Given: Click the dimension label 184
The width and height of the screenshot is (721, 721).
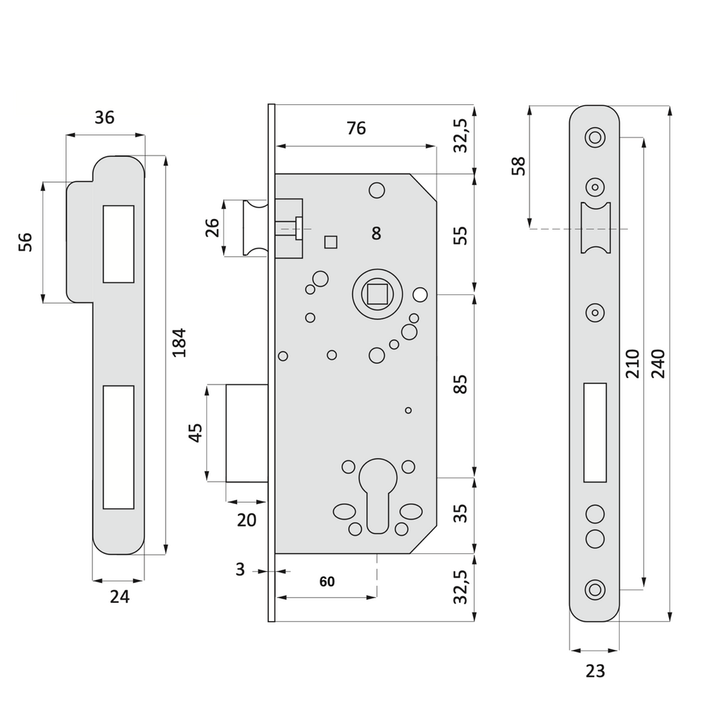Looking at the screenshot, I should (x=180, y=342).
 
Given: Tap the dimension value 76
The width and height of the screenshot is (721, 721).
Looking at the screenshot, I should (x=356, y=128).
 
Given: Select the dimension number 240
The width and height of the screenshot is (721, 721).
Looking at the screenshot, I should (x=658, y=363).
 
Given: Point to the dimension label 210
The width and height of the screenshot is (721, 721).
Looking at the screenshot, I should (x=632, y=363).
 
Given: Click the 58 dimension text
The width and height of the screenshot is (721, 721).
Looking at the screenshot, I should (x=519, y=166).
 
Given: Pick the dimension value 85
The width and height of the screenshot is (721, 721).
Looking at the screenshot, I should (x=460, y=384).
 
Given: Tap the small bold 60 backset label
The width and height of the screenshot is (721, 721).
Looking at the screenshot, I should (x=327, y=582).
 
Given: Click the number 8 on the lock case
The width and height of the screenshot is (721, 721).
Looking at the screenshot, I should (x=377, y=234).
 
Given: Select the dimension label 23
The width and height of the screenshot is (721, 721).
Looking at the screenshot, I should (x=595, y=671).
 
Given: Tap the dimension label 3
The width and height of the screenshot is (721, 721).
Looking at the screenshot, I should (x=240, y=570).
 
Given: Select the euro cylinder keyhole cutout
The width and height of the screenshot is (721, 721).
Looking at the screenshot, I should (x=377, y=496).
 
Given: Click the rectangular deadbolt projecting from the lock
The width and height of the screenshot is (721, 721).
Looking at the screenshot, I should (x=246, y=432).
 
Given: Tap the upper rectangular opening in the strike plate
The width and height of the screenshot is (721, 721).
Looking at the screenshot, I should (x=118, y=244).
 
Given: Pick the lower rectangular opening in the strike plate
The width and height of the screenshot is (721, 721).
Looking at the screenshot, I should (x=118, y=446).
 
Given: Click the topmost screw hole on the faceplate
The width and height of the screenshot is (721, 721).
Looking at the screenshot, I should (x=595, y=137).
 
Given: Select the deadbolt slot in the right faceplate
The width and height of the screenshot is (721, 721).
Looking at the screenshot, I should (x=595, y=432).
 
